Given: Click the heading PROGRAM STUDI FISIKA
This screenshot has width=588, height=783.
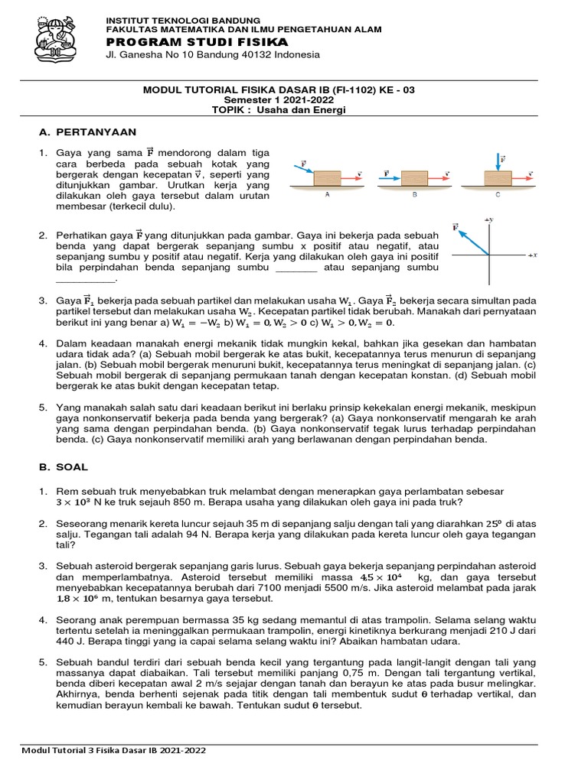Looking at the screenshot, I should (x=197, y=41).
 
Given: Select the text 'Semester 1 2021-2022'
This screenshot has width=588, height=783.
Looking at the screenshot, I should (x=279, y=99).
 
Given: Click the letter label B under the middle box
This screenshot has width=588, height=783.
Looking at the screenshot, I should (x=414, y=195).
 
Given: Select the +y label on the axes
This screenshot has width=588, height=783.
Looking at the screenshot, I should (x=489, y=220).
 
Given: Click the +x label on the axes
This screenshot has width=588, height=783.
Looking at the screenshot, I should (x=533, y=255).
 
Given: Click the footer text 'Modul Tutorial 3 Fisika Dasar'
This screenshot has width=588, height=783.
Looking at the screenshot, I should (x=88, y=751).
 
